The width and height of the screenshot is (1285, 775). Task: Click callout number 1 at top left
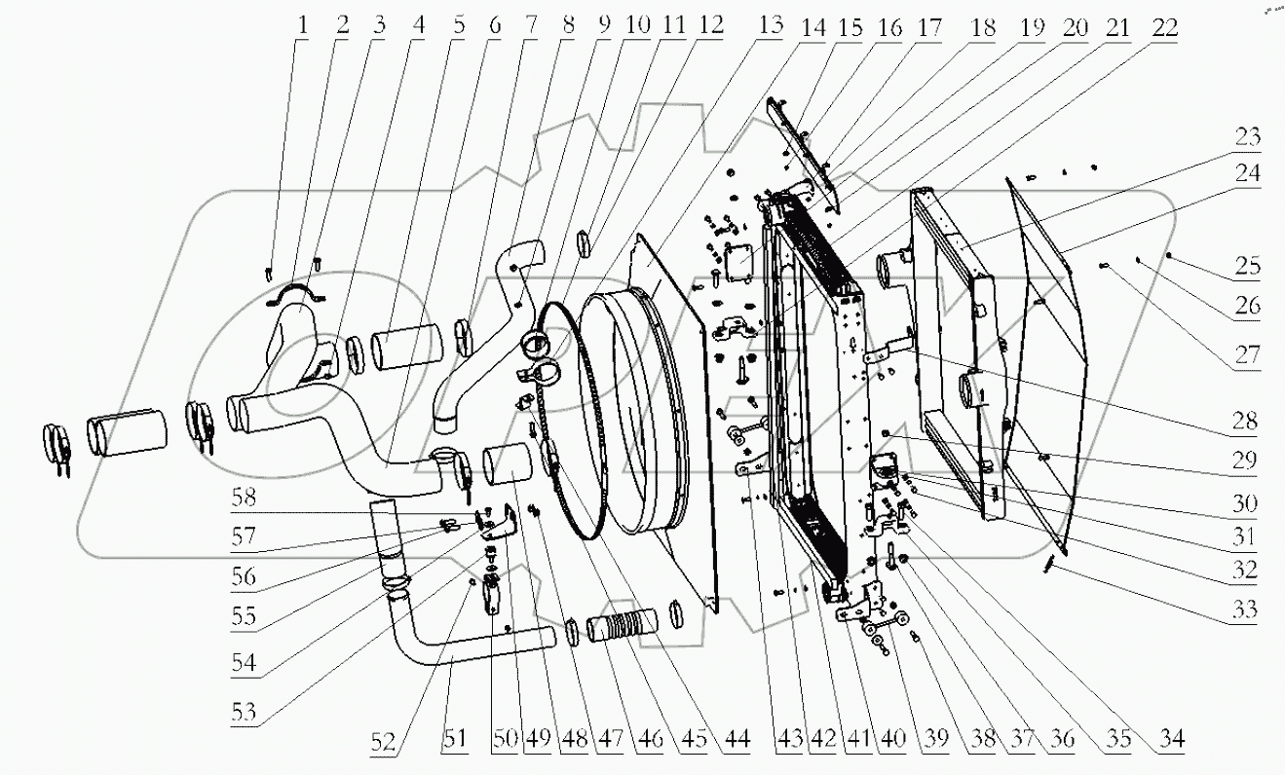pos(303,26)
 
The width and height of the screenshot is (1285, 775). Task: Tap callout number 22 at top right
pos(1163,26)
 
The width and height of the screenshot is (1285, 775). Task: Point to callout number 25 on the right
pos(1245,266)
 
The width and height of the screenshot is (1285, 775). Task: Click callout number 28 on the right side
pos(1245,421)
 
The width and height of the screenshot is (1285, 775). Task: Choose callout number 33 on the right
pos(1245,610)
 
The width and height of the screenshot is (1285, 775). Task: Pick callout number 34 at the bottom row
pos(1172,739)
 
